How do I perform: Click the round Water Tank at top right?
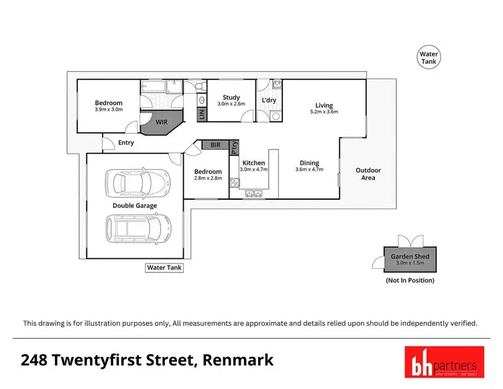pyautogui.click(x=428, y=58)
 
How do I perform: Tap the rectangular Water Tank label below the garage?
pyautogui.click(x=164, y=268)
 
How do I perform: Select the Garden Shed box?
pyautogui.click(x=410, y=260)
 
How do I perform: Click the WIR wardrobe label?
pyautogui.click(x=162, y=123)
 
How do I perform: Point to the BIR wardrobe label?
pyautogui.click(x=215, y=145)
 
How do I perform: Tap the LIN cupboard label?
pyautogui.click(x=201, y=115)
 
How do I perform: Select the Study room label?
pyautogui.click(x=231, y=98)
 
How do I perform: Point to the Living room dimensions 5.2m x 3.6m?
pyautogui.click(x=325, y=112)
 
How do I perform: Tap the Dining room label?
pyautogui.click(x=309, y=163)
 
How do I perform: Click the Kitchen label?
pyautogui.click(x=254, y=163)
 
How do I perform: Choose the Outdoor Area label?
pyautogui.click(x=368, y=174)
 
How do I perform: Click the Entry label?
pyautogui.click(x=126, y=143)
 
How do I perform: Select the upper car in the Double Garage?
pyautogui.click(x=137, y=182)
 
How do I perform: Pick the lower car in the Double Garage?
pyautogui.click(x=137, y=229)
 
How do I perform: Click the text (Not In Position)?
pyautogui.click(x=410, y=280)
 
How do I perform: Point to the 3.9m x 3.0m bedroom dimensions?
pyautogui.click(x=109, y=109)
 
